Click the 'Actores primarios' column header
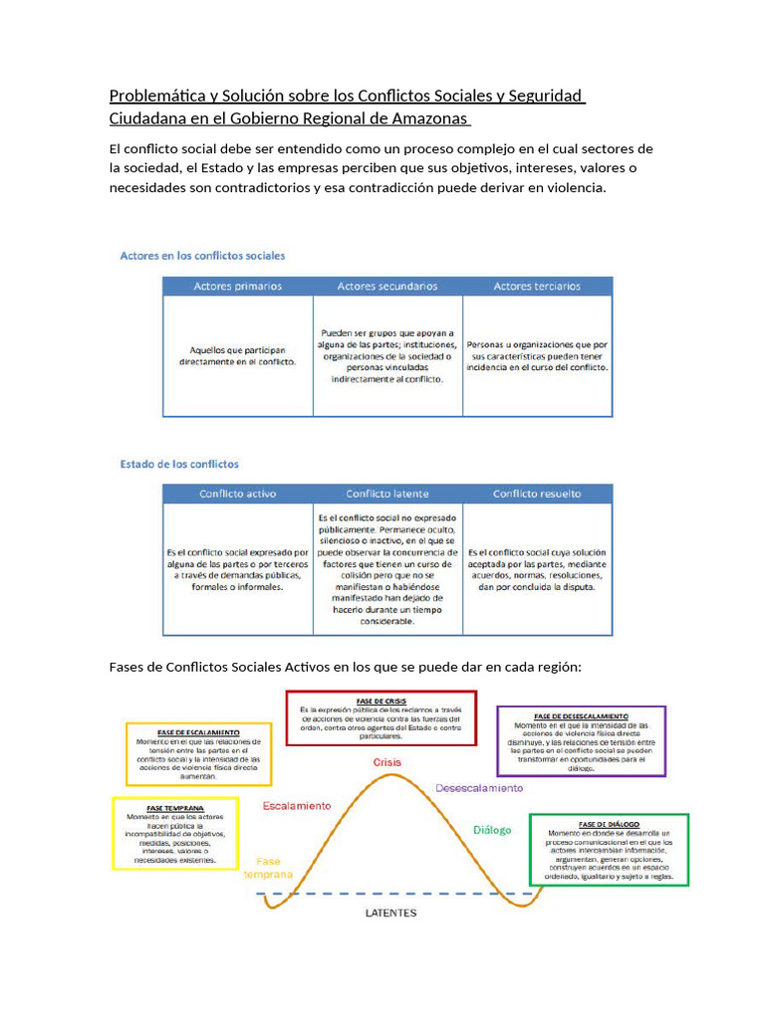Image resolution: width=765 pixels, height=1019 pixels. (x=237, y=286)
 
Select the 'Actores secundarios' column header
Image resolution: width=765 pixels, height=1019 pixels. (x=387, y=286)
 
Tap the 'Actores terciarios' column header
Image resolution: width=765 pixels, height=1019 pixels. (x=537, y=286)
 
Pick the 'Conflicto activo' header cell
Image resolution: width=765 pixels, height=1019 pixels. (x=237, y=494)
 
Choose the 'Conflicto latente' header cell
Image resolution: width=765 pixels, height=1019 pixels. (x=387, y=494)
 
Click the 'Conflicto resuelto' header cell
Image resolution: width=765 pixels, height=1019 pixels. (x=537, y=494)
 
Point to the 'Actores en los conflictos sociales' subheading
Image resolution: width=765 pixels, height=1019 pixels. (x=202, y=255)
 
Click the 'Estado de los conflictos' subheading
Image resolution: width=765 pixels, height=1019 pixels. (x=179, y=464)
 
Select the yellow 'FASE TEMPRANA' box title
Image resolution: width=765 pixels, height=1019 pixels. (x=175, y=807)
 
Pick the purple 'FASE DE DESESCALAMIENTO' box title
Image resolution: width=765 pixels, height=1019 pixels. (x=581, y=716)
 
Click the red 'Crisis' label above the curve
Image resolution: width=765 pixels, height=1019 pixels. (x=387, y=761)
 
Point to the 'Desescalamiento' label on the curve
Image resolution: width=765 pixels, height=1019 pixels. (x=479, y=787)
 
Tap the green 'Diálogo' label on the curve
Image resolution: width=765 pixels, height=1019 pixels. (x=492, y=829)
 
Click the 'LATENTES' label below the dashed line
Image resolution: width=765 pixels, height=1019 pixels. (x=389, y=912)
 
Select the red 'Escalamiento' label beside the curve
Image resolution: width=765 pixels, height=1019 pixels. (x=296, y=805)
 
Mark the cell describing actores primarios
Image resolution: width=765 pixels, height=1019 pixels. (x=237, y=355)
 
